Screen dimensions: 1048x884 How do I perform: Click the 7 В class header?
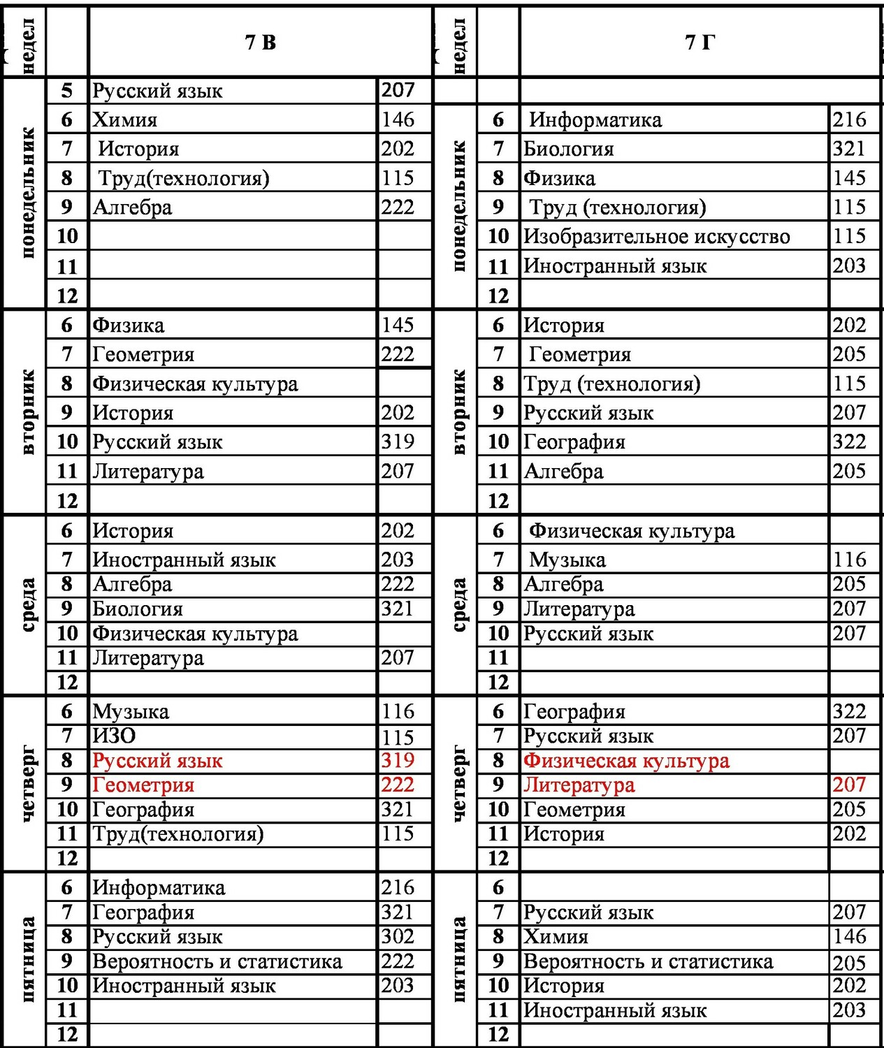[261, 43]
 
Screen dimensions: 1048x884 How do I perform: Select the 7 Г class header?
[700, 43]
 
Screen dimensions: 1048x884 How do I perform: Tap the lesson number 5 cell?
[67, 90]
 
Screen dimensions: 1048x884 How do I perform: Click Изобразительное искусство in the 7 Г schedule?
[657, 237]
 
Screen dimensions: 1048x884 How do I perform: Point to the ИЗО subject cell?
[115, 736]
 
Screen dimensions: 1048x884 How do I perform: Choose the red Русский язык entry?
[158, 760]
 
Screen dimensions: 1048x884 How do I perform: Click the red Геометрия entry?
[144, 785]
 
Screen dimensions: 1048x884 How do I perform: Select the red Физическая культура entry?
[627, 760]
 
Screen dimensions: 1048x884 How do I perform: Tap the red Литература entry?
[579, 785]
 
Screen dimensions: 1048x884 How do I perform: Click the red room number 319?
[398, 760]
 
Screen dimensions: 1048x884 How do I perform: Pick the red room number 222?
[398, 785]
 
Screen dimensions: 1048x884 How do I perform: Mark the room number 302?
[398, 936]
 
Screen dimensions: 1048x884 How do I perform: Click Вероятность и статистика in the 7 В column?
[217, 961]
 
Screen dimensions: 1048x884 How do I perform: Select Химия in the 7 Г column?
[556, 936]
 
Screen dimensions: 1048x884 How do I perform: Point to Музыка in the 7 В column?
[131, 711]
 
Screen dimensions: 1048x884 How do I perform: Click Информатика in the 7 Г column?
[595, 119]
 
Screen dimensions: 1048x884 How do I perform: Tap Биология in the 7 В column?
[138, 609]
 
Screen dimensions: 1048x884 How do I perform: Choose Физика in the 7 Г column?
[560, 178]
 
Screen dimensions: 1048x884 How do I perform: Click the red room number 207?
[850, 785]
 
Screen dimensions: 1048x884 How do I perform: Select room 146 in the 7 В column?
[398, 119]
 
